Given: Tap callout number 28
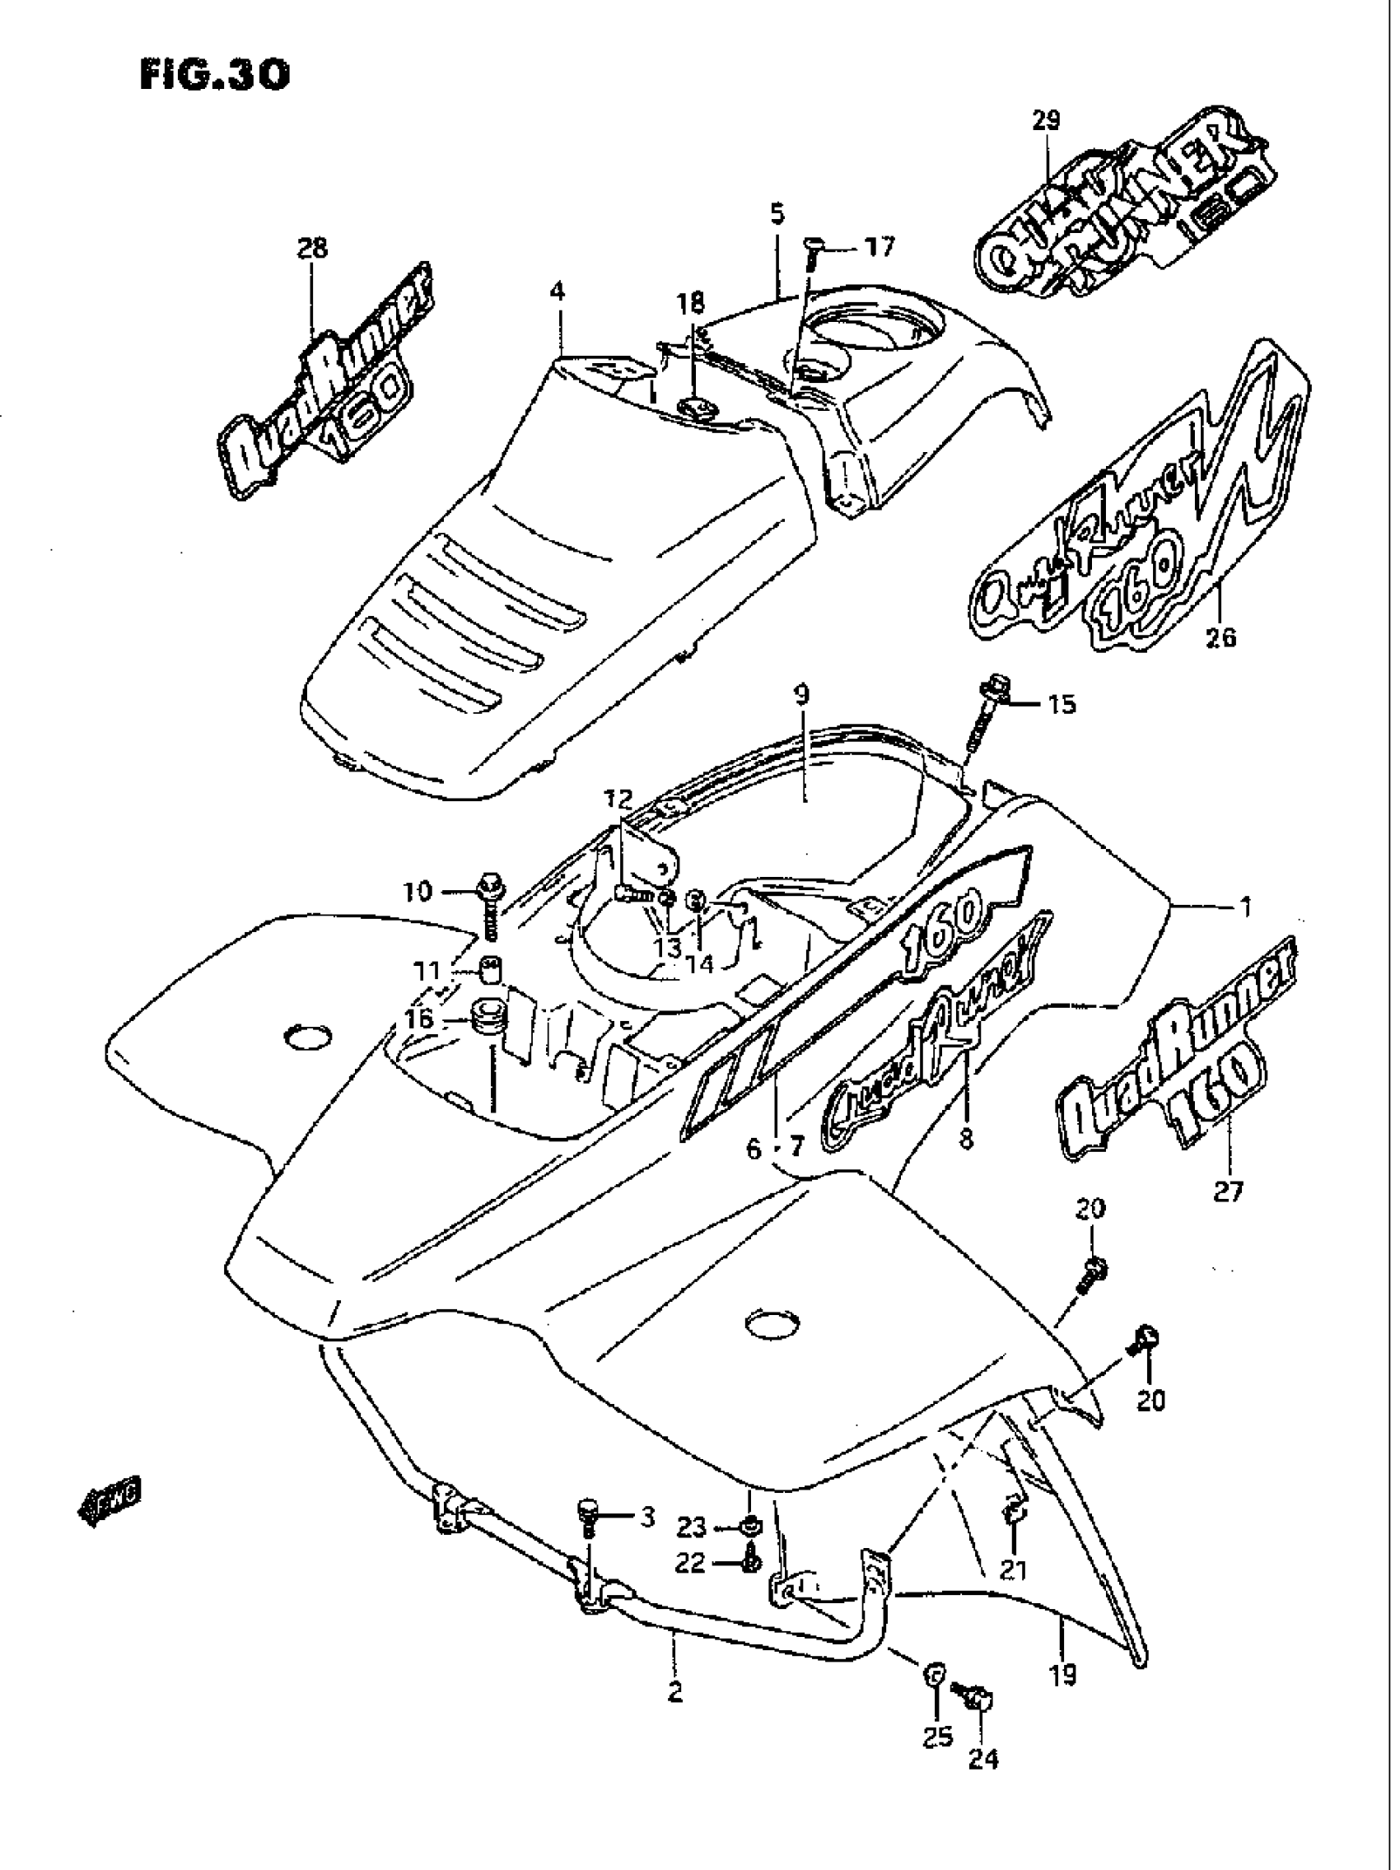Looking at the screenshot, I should [x=312, y=248].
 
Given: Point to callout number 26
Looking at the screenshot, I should [x=1221, y=635].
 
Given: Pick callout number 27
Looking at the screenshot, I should [x=1229, y=1191].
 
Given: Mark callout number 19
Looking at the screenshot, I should [x=1062, y=1674].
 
